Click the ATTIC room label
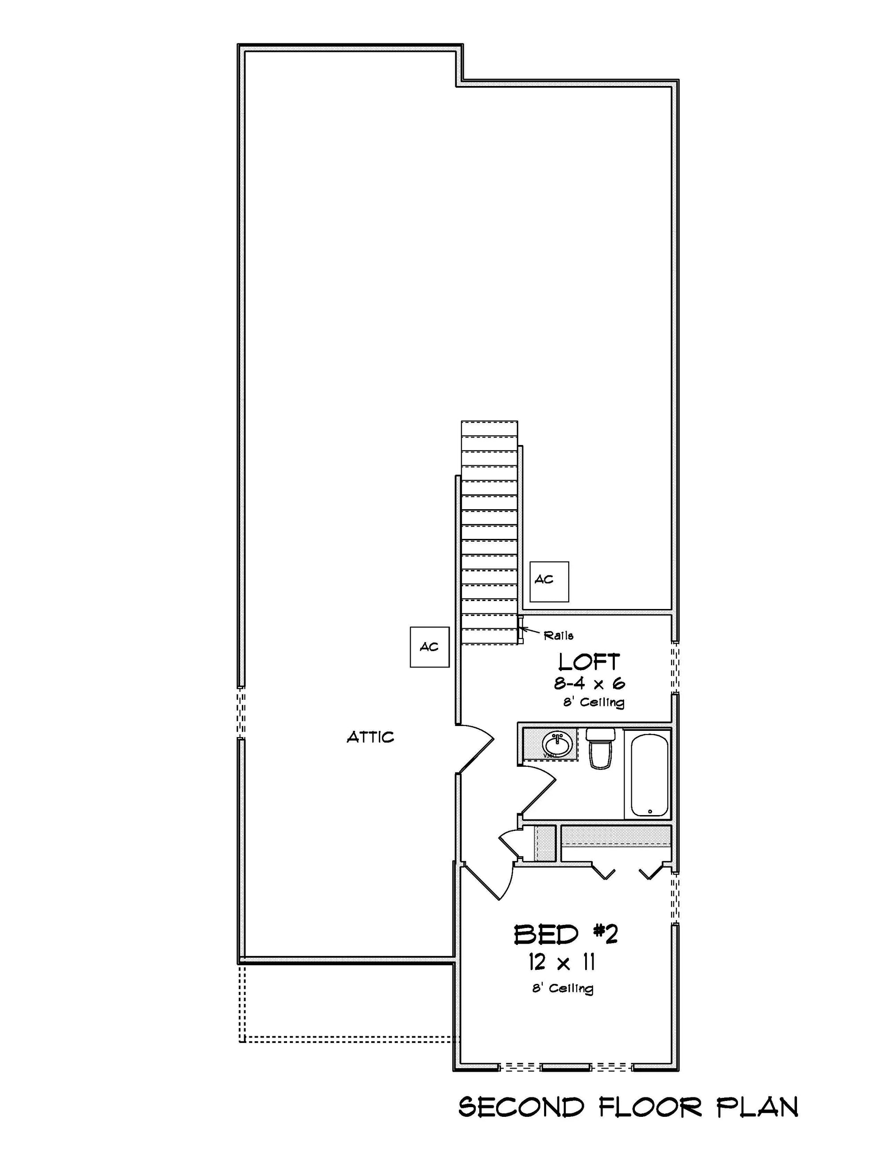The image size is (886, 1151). (370, 737)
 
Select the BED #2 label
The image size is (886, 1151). (565, 935)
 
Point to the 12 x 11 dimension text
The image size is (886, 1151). (562, 964)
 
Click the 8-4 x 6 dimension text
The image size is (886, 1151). (589, 684)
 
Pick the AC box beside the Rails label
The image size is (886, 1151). (549, 581)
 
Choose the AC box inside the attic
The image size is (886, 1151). (429, 647)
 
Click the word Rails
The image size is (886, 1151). (558, 636)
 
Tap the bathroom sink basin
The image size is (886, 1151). (557, 745)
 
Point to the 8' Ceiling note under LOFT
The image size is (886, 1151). (594, 702)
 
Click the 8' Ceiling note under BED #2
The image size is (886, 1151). (562, 989)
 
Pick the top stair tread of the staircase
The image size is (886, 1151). (490, 428)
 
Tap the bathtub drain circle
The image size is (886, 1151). (650, 812)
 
